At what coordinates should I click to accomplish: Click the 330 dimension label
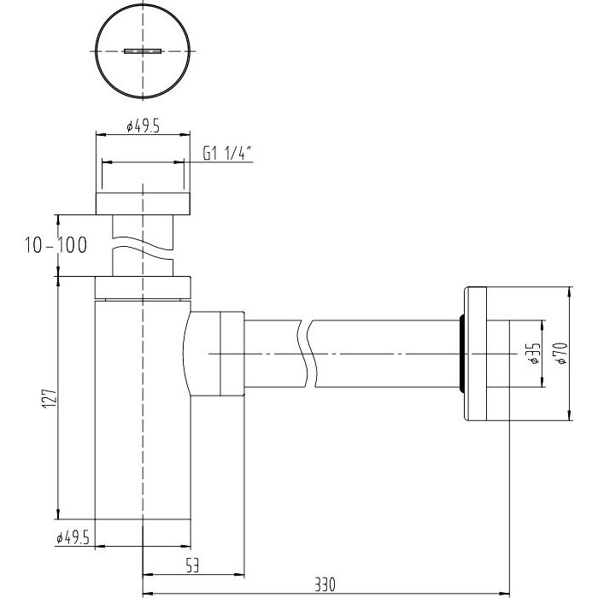[x=325, y=584]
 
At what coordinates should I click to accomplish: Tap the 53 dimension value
[x=192, y=566]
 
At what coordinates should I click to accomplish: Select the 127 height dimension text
[x=50, y=399]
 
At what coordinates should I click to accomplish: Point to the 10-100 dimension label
[x=56, y=245]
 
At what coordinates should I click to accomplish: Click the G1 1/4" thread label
[x=227, y=154]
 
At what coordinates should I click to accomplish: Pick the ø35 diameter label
[x=536, y=353]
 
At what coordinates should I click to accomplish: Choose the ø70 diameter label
[x=562, y=354]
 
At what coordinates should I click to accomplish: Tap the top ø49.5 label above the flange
[x=143, y=126]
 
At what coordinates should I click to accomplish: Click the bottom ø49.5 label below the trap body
[x=73, y=537]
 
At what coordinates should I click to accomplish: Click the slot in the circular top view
[x=143, y=51]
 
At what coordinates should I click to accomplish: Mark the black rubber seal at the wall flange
[x=461, y=354]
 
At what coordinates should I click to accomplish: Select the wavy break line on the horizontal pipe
[x=308, y=354]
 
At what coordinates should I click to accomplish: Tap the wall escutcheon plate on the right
[x=476, y=354]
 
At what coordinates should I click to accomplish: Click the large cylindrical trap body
[x=143, y=409]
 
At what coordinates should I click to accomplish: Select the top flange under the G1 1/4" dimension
[x=143, y=203]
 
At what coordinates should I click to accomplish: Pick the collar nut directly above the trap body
[x=143, y=287]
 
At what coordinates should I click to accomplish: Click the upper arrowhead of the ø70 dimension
[x=569, y=292]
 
